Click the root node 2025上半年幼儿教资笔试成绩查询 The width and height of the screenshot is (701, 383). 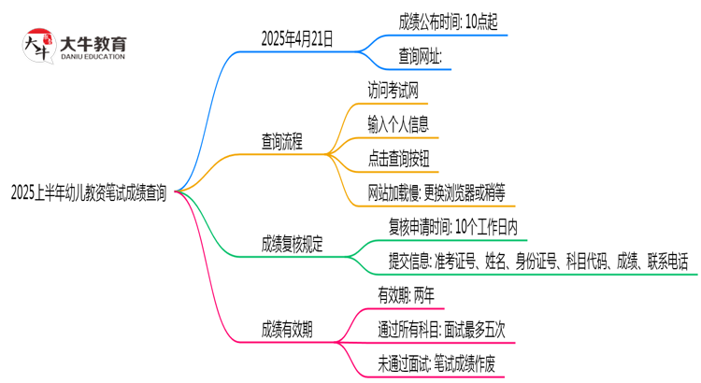click(x=89, y=193)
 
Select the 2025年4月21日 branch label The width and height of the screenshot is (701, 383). click(x=297, y=39)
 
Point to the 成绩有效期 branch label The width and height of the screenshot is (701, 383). click(x=287, y=329)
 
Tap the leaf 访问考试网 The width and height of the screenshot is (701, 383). click(x=400, y=89)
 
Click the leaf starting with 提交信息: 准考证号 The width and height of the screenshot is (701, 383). click(x=537, y=262)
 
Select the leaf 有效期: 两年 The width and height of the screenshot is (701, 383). click(x=405, y=294)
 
